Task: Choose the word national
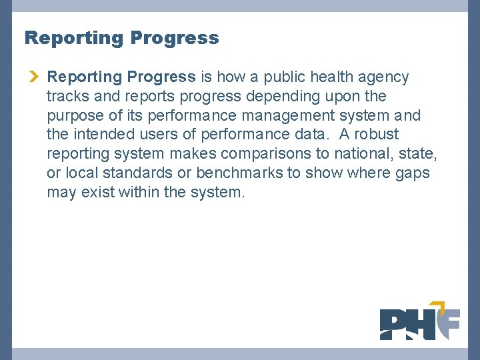[364, 155]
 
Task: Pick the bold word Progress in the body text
[164, 77]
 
